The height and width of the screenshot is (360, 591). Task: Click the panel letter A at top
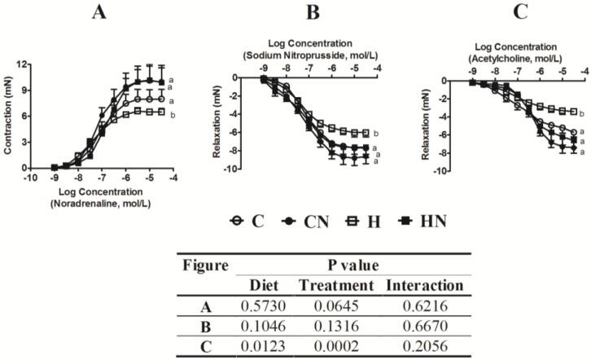pyautogui.click(x=98, y=12)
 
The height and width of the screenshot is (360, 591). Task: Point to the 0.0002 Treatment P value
pyautogui.click(x=337, y=345)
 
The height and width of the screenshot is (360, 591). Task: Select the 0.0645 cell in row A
pyautogui.click(x=337, y=305)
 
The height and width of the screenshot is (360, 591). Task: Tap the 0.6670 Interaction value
pyautogui.click(x=423, y=325)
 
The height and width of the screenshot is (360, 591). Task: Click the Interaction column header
pyautogui.click(x=423, y=285)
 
